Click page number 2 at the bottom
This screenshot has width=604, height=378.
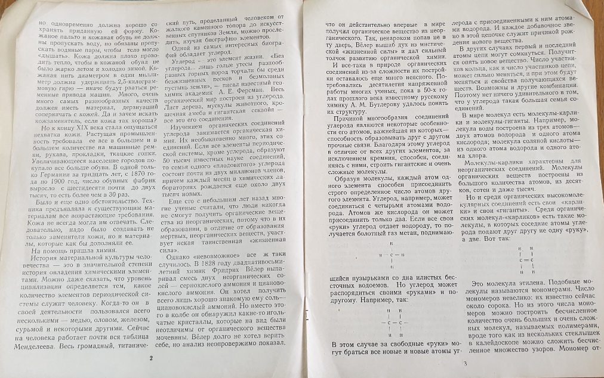151,358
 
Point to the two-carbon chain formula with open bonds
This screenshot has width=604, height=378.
389,323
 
